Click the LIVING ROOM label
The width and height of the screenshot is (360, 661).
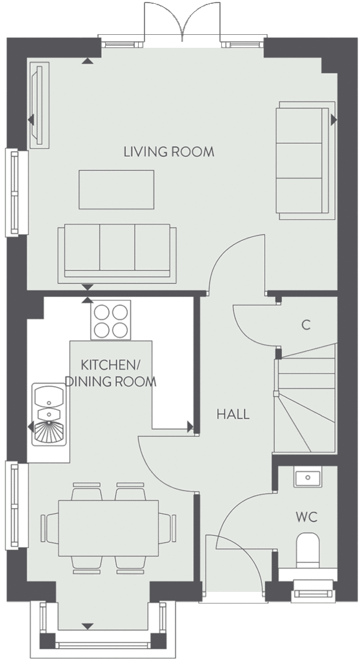(168, 152)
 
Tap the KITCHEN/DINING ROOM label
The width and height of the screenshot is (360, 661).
(110, 373)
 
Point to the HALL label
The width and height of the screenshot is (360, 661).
(233, 414)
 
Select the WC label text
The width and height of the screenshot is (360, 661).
(306, 517)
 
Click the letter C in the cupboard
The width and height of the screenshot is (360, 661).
(306, 325)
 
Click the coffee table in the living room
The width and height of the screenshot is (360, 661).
(116, 190)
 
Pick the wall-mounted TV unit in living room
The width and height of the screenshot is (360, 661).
(39, 105)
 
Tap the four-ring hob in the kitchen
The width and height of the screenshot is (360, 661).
(111, 320)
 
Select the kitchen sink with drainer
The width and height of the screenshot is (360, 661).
(49, 414)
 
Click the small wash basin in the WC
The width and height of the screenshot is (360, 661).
(308, 477)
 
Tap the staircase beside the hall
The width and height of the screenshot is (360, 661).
(306, 398)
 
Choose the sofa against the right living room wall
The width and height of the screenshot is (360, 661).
(305, 160)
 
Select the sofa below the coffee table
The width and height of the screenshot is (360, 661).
(117, 254)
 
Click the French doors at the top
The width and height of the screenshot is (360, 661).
(182, 22)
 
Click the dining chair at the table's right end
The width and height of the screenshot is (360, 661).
(167, 528)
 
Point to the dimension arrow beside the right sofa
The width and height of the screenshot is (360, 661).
(334, 120)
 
